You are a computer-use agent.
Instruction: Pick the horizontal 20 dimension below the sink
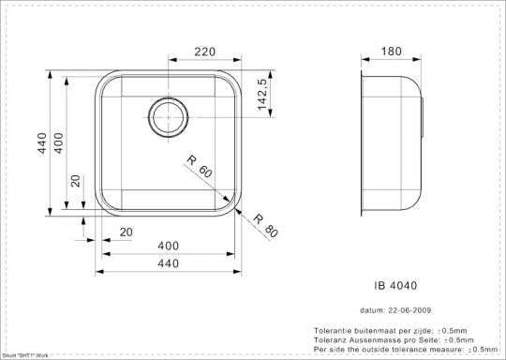126,232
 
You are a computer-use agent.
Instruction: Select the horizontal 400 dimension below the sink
169,246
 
